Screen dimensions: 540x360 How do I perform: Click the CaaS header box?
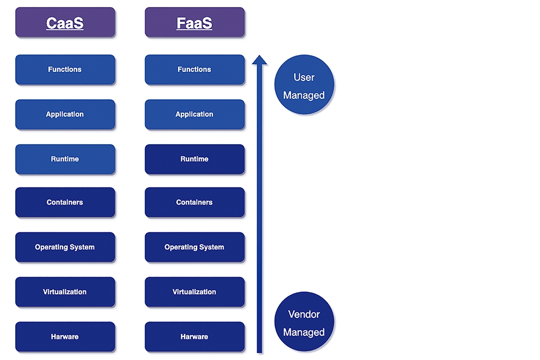65,22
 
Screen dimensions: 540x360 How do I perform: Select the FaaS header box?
194,22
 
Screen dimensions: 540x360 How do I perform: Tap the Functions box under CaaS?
65,70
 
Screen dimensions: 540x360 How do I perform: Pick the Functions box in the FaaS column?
194,70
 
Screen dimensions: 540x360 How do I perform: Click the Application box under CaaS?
65,114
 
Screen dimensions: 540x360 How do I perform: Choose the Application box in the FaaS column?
194,114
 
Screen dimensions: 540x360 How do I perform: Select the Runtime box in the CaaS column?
65,159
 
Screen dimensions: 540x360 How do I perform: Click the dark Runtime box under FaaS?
194,159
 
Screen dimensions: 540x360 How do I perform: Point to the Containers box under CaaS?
65,202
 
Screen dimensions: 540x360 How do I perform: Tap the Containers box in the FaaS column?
194,202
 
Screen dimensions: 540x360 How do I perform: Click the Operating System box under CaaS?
65,247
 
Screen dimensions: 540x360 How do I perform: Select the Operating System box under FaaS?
194,247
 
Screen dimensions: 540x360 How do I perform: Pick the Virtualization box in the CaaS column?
65,292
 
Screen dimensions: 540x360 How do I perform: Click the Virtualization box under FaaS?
194,292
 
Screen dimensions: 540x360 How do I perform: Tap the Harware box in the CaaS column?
65,337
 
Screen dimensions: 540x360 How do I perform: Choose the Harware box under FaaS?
194,337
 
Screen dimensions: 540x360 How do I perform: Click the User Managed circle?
304,84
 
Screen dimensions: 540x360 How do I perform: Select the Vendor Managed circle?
304,322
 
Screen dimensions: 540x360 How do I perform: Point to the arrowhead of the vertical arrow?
259,56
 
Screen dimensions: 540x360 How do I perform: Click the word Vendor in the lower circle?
304,314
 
